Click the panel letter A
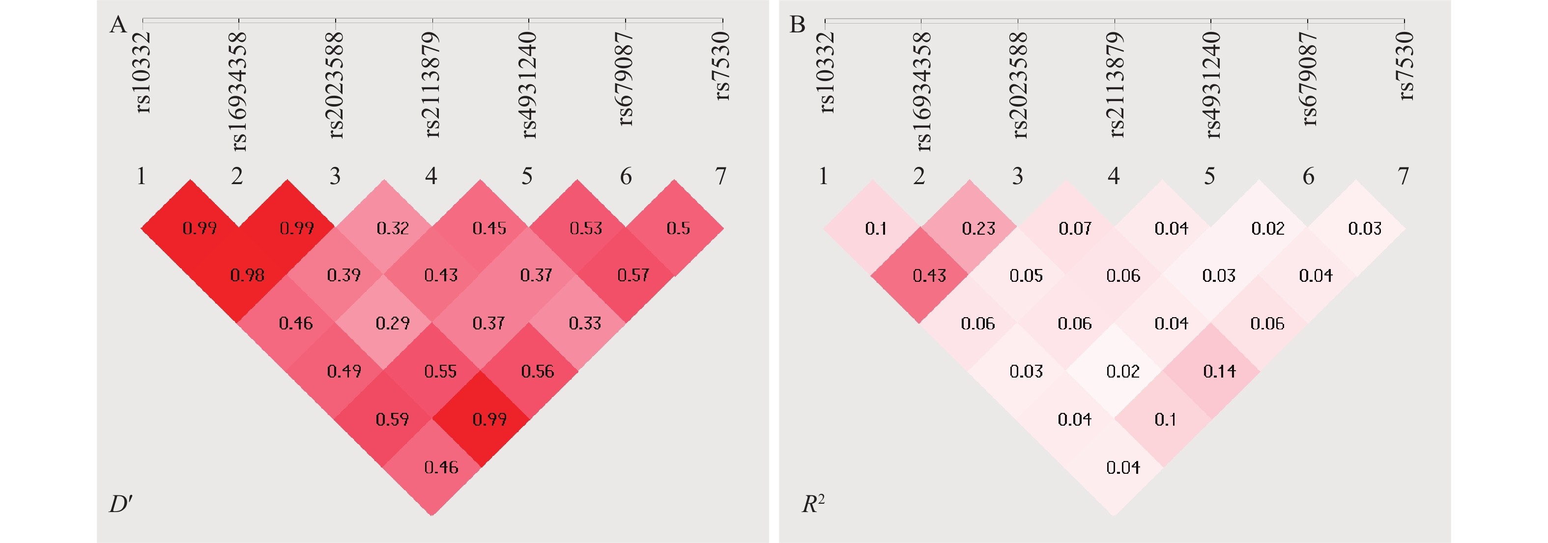click(x=118, y=25)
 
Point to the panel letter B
click(x=798, y=25)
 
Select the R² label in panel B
click(x=813, y=503)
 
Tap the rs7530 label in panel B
click(x=1405, y=66)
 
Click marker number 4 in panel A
click(x=431, y=176)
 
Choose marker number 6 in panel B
click(x=1308, y=176)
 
